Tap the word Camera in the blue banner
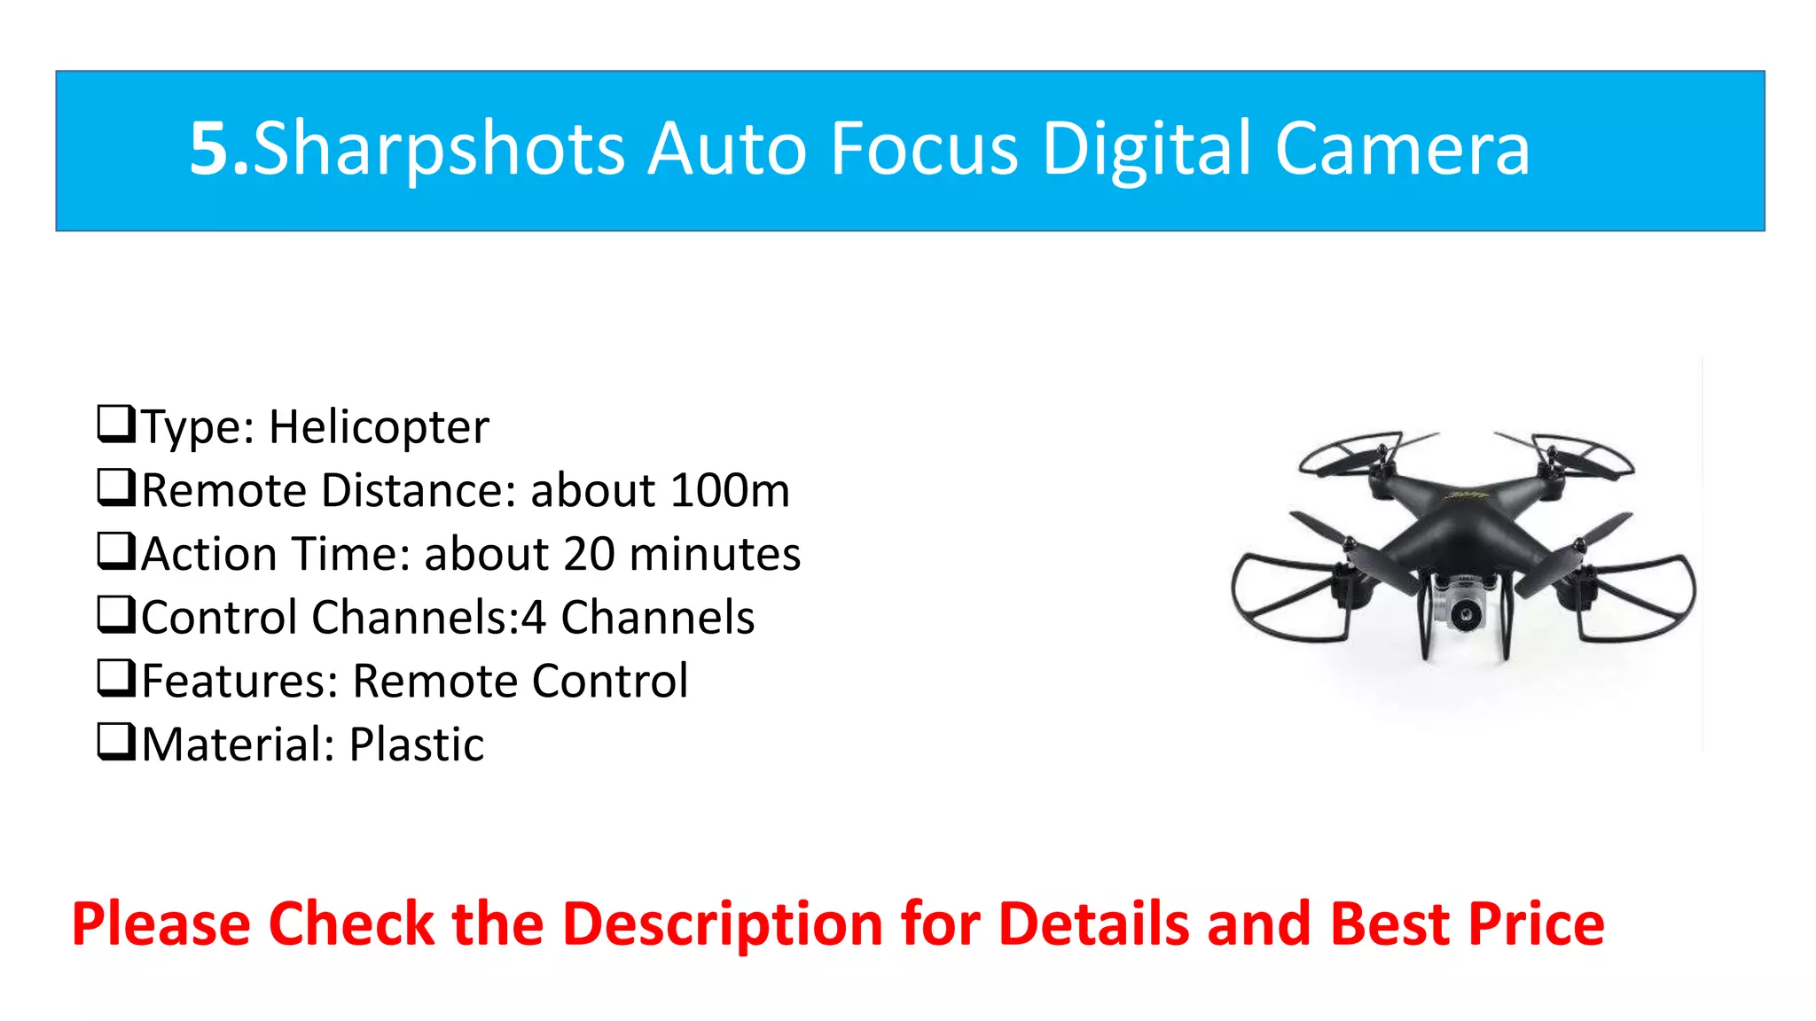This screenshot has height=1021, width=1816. coord(1402,149)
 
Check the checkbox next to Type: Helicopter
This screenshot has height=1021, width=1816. coord(116,424)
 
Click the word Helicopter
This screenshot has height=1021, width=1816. coord(379,427)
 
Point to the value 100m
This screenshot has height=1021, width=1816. coord(729,490)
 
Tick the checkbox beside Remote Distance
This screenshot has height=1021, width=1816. coord(116,487)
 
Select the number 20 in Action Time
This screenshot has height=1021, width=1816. coord(589,554)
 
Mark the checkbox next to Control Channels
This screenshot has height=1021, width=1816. coord(116,614)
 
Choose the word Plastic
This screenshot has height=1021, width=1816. coord(417,744)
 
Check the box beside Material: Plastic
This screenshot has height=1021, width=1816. coord(116,742)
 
